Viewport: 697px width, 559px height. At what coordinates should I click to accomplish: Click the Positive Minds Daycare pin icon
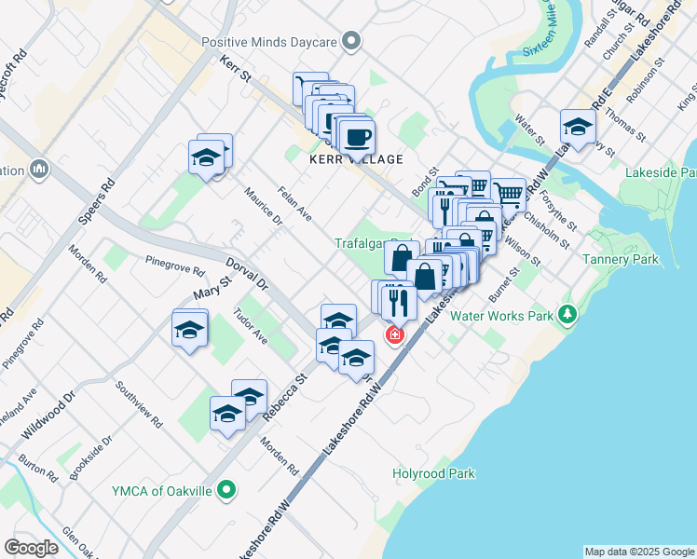pos(351,41)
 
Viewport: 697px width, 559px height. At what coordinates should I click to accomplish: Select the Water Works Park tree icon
pos(567,316)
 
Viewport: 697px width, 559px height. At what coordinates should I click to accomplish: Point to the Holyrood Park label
pos(435,473)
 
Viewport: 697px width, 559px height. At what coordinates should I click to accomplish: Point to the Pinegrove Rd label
pos(174,266)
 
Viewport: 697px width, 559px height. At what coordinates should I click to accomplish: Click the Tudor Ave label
pos(251,327)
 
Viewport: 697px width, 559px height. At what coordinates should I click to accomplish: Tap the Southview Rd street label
pos(138,403)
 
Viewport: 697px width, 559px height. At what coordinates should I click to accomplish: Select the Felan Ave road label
pos(294,204)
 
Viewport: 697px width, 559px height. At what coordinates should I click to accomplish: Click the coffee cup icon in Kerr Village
pos(357,137)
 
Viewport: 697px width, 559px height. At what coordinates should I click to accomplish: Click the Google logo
pos(32,548)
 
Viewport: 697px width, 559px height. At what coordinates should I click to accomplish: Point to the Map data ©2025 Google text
pos(639,552)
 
